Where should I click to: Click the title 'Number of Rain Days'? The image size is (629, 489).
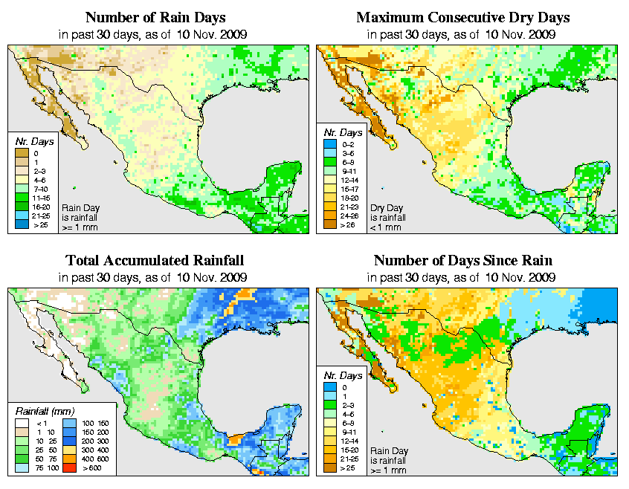[155, 17]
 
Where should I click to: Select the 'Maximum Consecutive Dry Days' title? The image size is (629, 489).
[463, 17]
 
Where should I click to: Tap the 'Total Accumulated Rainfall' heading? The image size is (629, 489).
[155, 261]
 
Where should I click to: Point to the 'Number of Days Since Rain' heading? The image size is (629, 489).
[462, 261]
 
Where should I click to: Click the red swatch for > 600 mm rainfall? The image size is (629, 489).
[68, 469]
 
